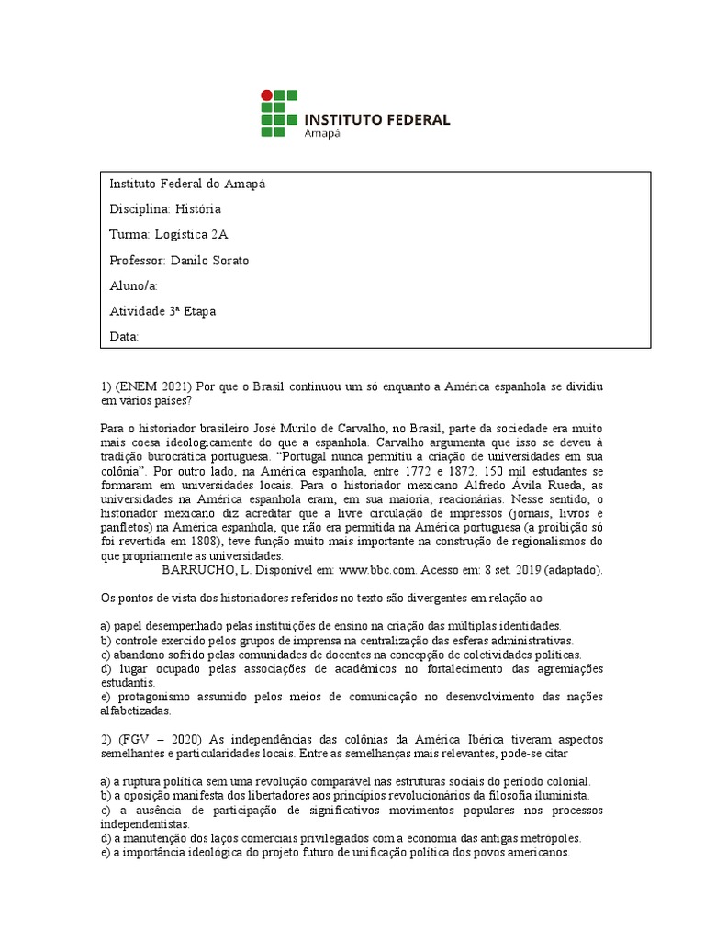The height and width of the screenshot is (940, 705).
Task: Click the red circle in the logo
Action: pos(267,94)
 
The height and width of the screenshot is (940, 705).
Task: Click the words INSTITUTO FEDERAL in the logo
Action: pos(376,119)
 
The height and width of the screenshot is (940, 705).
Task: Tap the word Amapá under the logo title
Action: pos(321,133)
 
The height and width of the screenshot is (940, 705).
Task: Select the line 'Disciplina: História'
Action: pos(165,209)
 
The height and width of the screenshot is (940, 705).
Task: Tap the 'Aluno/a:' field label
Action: pos(134,285)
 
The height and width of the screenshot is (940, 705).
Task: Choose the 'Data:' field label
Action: pos(124,337)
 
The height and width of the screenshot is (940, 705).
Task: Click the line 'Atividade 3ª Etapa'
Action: pos(162,311)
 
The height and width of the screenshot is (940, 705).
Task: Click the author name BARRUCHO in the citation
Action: pos(201,569)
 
